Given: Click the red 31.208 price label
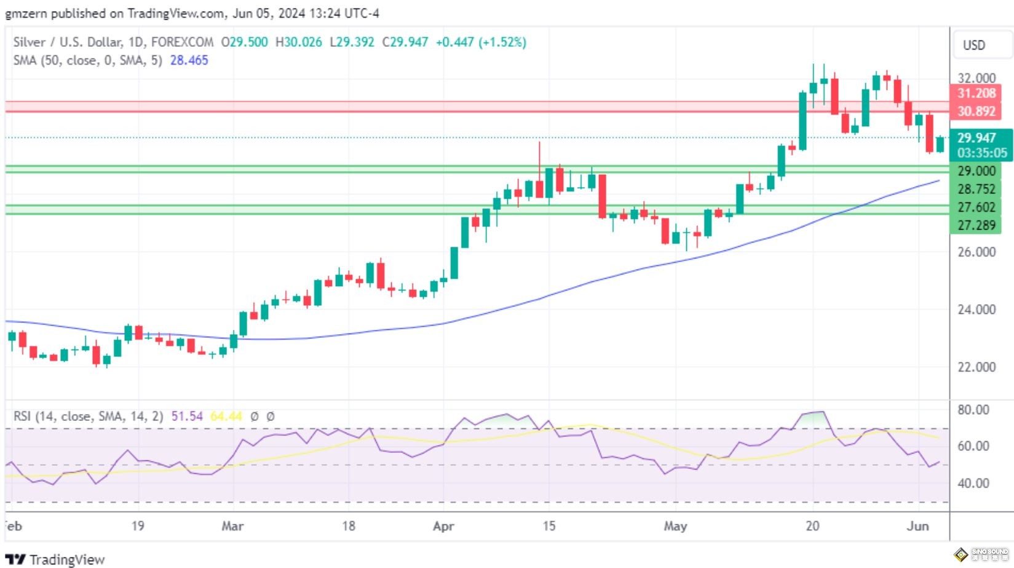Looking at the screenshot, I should click(x=976, y=94).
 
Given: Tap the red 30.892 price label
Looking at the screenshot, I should click(x=976, y=111).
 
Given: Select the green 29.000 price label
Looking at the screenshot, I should click(x=976, y=171).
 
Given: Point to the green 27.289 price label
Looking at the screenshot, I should click(x=976, y=225).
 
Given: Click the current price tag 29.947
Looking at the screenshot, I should click(x=976, y=138).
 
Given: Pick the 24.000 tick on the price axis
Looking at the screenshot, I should click(x=976, y=310).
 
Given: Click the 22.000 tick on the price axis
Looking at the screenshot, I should click(x=976, y=367).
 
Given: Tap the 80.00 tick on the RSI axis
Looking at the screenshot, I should click(x=973, y=410).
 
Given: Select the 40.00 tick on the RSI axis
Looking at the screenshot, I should click(x=973, y=484).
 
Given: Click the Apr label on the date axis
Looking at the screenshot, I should click(x=443, y=527).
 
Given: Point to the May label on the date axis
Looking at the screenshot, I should click(x=675, y=527).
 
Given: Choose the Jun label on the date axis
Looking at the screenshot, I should click(x=917, y=527).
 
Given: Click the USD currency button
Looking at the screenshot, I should click(x=973, y=46).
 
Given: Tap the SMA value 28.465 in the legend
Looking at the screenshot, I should click(x=189, y=60).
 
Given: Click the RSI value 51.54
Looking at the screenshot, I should click(x=187, y=417).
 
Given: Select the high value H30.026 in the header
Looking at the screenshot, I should click(x=298, y=42).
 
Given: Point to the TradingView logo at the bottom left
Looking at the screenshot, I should click(x=55, y=559).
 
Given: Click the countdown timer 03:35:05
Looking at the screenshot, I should click(x=982, y=153).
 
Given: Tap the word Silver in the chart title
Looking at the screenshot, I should click(x=30, y=42).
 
